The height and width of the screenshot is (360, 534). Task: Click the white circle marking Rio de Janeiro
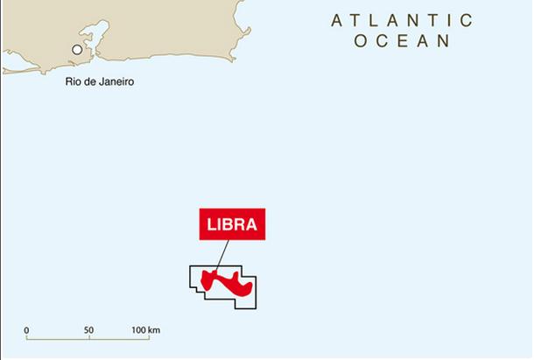pos(77,50)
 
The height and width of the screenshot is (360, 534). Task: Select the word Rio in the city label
pos(73,82)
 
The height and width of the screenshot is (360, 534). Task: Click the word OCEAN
pos(403,40)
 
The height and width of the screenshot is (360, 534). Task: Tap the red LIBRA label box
pos(232,224)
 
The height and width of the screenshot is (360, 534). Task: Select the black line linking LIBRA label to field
pos(221,255)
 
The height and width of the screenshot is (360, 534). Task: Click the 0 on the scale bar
pos(26,331)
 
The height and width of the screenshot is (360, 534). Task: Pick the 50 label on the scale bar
pos(88,331)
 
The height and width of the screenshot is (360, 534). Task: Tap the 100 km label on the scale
pos(146,331)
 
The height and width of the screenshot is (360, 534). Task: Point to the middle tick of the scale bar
pos(88,339)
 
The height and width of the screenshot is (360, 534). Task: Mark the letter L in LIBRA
pos(211,224)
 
